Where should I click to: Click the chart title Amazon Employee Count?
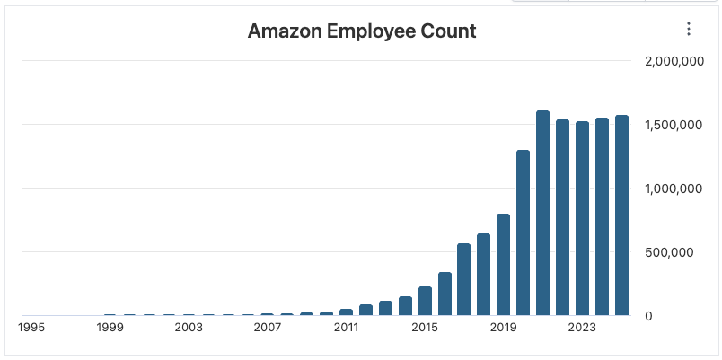point(361,31)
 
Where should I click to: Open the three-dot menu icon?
point(689,29)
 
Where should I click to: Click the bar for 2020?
point(523,233)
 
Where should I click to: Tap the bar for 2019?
point(503,265)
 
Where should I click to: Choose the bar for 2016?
point(445,294)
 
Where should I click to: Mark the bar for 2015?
point(425,301)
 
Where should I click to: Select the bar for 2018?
point(483,275)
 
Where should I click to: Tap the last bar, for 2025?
point(621,215)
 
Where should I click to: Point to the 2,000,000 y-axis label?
point(673,61)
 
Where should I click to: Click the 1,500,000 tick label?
point(673,125)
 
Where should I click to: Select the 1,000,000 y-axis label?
point(673,189)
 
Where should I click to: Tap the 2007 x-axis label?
point(268,328)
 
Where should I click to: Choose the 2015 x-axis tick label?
point(425,328)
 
